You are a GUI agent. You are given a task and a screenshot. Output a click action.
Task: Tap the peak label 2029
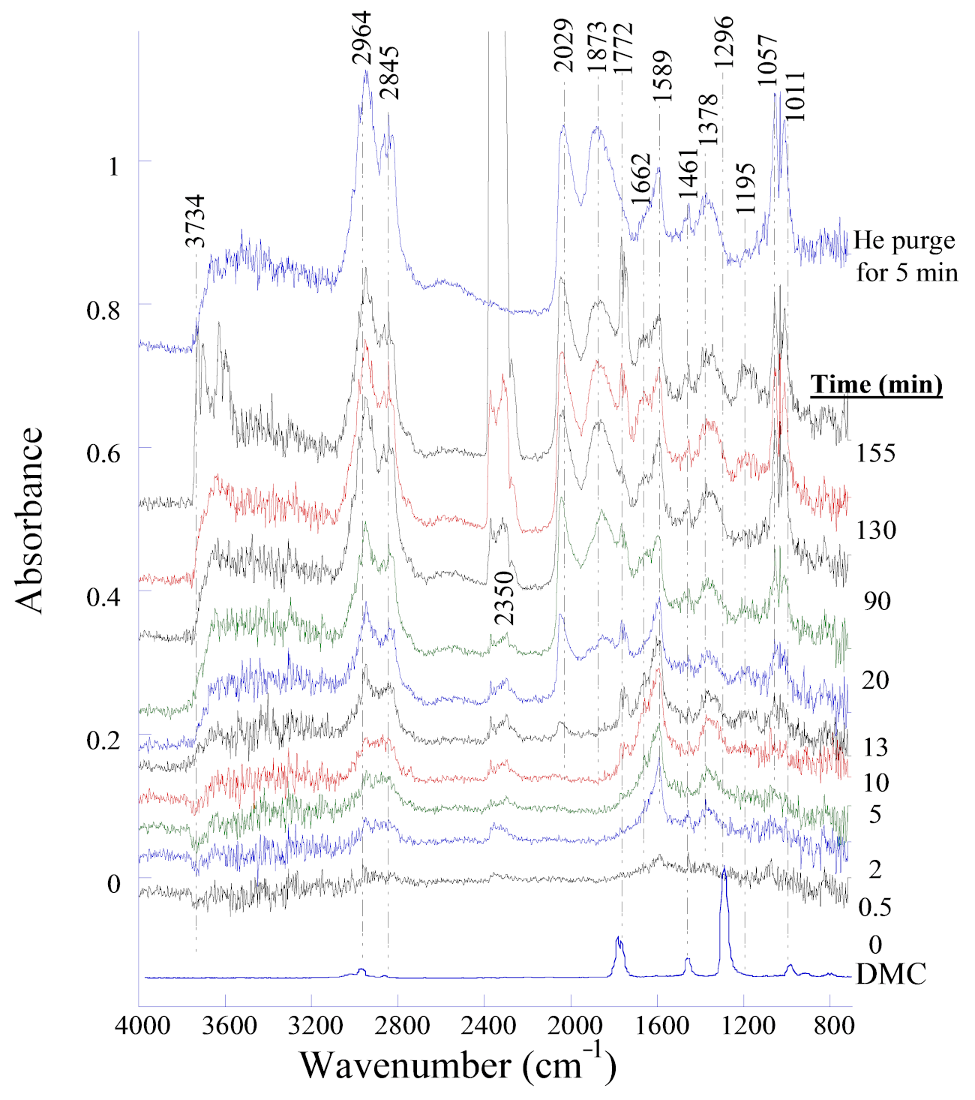point(563,45)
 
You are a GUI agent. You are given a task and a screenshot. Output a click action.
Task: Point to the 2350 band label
point(505,598)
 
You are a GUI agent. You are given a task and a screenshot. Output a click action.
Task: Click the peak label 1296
point(723,42)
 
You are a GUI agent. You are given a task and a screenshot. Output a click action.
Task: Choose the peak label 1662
point(640,179)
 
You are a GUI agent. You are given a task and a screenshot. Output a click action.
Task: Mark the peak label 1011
point(794,95)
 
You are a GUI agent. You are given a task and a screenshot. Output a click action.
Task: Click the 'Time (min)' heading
point(876,384)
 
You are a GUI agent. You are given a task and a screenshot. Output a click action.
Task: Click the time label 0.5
point(874,908)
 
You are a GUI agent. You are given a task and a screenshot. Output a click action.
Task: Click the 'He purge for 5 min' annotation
point(906,256)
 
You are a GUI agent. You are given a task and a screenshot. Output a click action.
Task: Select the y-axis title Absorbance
point(30,520)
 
